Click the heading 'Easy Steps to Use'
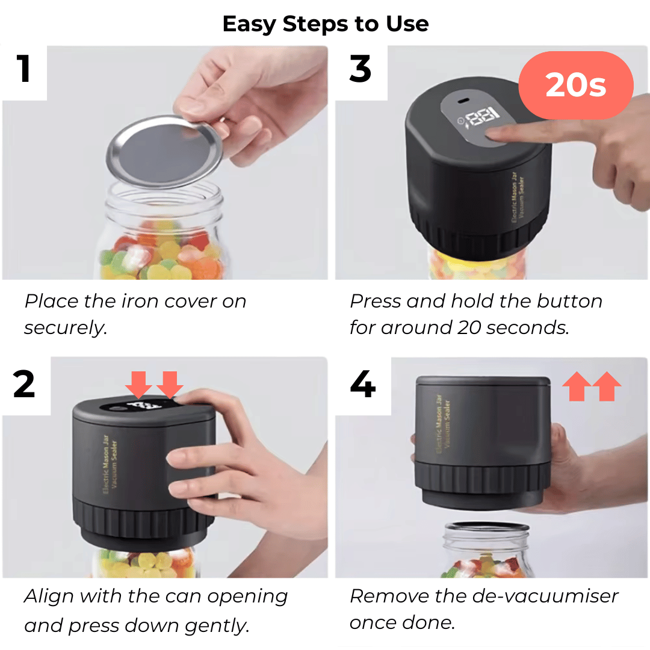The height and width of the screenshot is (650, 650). (x=326, y=24)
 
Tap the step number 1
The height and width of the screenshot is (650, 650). (x=23, y=69)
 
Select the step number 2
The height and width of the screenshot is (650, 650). (x=24, y=384)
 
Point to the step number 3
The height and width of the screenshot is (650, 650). (x=360, y=69)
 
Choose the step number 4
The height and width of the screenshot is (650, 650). (x=363, y=384)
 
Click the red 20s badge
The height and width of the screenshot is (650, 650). (x=576, y=85)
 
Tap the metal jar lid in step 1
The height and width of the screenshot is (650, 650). (x=164, y=151)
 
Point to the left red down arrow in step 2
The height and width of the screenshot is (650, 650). (x=139, y=384)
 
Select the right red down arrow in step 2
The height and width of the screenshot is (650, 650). (x=170, y=384)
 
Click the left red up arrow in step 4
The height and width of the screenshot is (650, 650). (x=577, y=386)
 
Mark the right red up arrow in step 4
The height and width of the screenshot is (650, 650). (x=607, y=386)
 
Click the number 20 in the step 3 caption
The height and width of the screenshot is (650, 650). (x=469, y=328)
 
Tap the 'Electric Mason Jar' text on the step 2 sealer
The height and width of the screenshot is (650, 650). (x=106, y=464)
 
